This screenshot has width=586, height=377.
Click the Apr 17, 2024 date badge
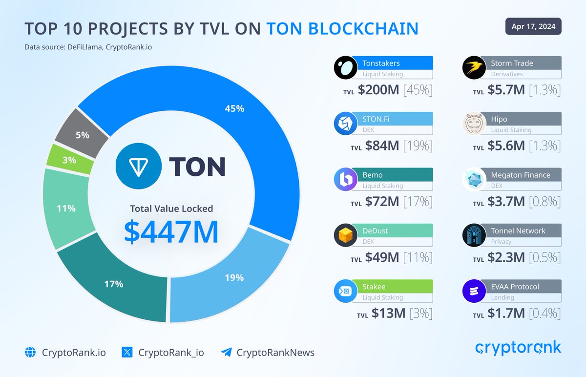point(533,26)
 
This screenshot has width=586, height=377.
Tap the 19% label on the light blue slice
point(234,278)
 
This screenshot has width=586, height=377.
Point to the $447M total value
point(171,233)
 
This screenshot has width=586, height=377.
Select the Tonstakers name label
point(381,63)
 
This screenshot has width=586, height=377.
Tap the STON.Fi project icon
point(346,124)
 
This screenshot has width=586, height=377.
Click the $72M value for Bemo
point(378,201)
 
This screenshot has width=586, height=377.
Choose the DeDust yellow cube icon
point(346,236)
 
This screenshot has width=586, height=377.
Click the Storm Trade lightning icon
point(474,68)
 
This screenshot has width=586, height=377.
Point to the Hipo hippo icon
point(474,124)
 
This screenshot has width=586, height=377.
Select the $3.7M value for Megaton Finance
point(506,201)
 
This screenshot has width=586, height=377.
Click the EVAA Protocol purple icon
point(474,292)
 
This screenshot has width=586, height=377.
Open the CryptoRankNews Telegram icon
point(226,352)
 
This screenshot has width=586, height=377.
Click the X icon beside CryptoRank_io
point(127,352)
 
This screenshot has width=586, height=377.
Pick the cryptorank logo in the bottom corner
point(518,348)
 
